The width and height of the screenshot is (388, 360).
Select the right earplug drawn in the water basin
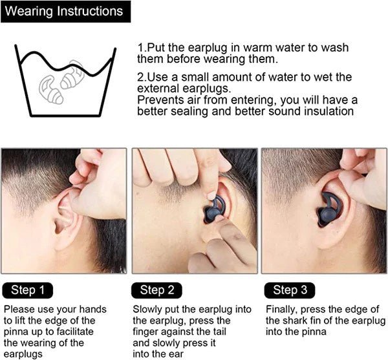tap(73, 76)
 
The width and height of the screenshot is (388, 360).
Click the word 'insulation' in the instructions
tap(327, 111)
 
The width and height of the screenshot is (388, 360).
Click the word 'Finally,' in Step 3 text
tap(283, 310)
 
